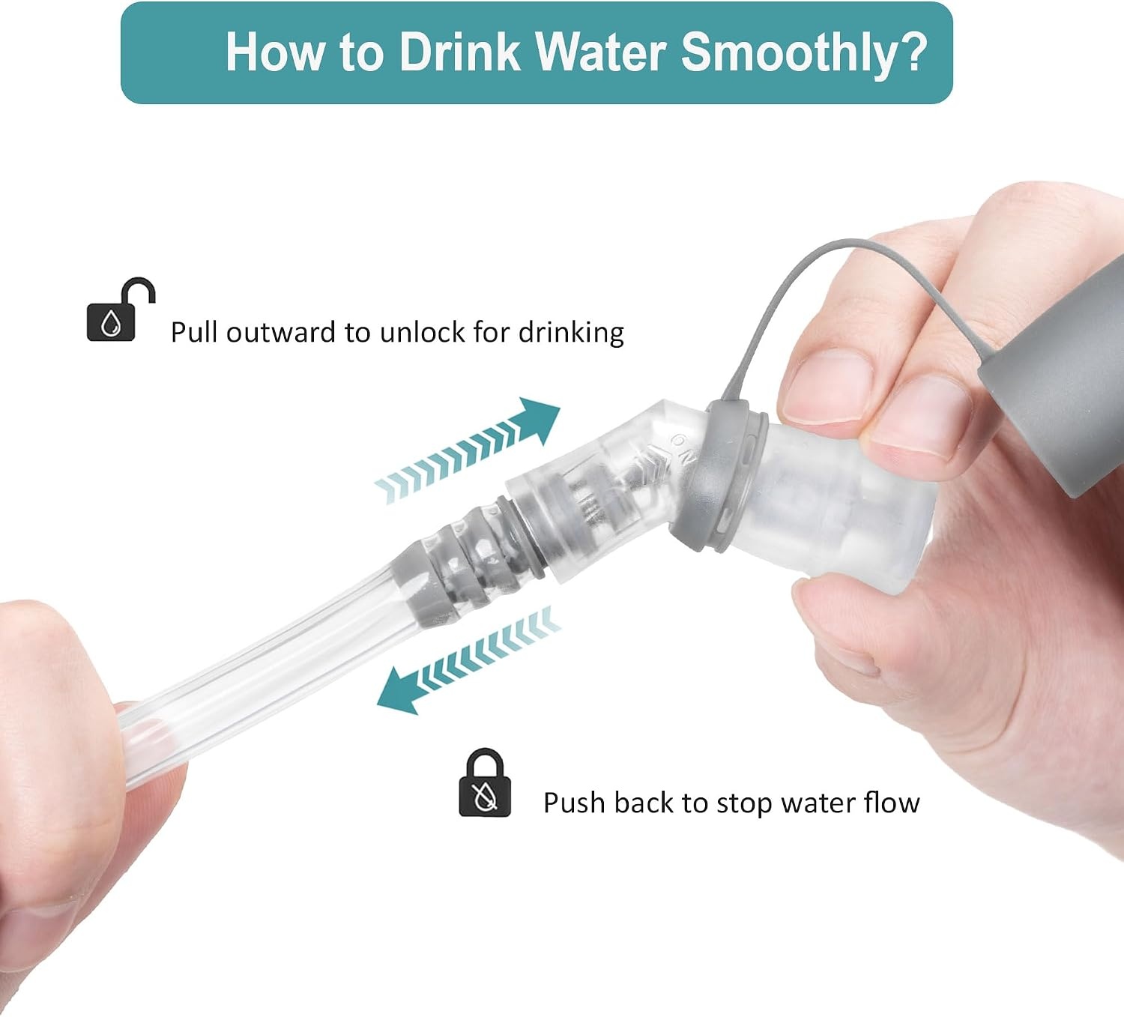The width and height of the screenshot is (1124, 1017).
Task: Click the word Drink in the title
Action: coord(459,52)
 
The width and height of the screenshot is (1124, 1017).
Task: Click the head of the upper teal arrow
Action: coord(539,420)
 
